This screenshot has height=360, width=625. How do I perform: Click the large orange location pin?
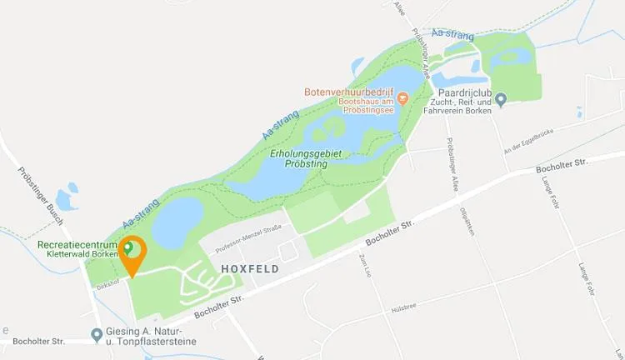[x=131, y=252]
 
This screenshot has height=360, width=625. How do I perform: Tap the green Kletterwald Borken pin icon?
[x=127, y=247]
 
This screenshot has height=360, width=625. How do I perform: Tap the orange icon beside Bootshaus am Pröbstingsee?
[x=402, y=98]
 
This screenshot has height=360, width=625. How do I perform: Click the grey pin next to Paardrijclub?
[x=501, y=101]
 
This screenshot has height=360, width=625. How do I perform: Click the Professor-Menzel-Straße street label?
[x=248, y=238]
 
